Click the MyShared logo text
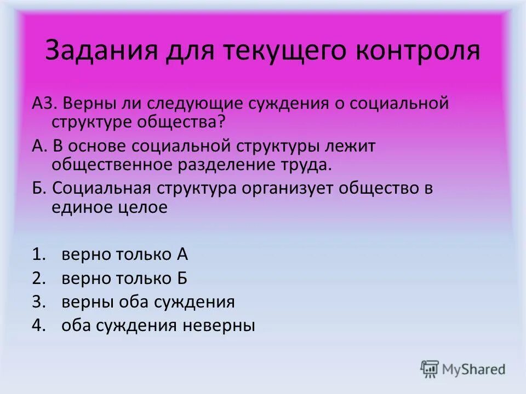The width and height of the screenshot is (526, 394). pos(474,369)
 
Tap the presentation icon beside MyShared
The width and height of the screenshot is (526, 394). pos(430,369)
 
